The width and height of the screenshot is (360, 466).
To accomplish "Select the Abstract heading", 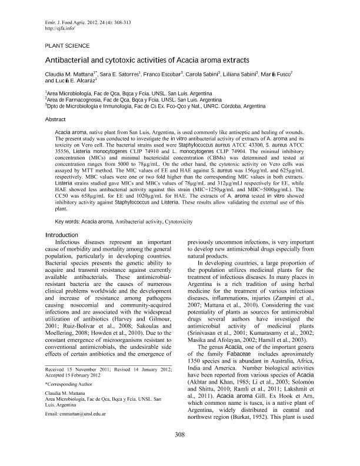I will tap(56, 118).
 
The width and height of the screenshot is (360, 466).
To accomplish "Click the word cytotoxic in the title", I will tap(119, 60).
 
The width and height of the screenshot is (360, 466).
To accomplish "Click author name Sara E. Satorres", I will tap(120, 73).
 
